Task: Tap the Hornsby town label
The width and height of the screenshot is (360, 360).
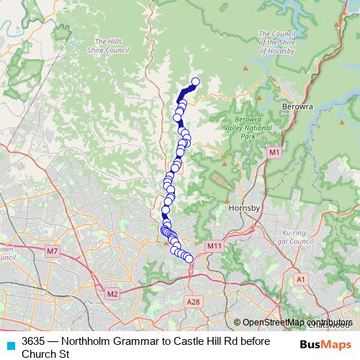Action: click(242, 209)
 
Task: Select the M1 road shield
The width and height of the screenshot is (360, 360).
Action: click(274, 153)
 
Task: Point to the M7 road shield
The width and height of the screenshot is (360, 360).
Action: click(52, 251)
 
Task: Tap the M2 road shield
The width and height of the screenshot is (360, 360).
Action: click(112, 294)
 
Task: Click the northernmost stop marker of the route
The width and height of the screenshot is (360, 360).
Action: click(195, 82)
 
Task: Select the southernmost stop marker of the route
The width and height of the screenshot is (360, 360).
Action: click(189, 259)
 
